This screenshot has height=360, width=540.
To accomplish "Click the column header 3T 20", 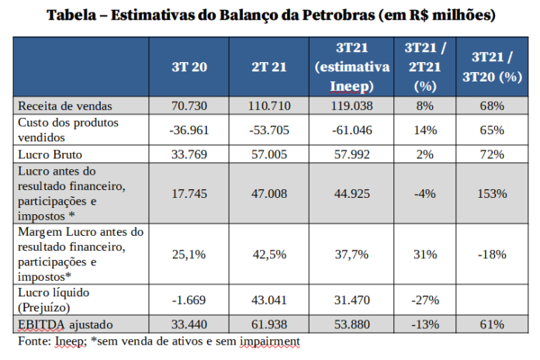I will (189, 67).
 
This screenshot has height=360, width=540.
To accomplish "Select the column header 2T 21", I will (269, 67).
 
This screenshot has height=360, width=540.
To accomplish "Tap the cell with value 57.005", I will (269, 154).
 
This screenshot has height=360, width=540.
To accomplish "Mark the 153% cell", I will (492, 192).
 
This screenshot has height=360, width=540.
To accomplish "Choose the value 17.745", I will (189, 192).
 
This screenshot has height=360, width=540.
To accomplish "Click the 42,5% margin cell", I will (269, 254).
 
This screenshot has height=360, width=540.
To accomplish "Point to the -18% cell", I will (492, 254).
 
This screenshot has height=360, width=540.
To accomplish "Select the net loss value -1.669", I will (189, 299).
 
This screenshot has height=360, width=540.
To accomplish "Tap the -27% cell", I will (424, 299).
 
